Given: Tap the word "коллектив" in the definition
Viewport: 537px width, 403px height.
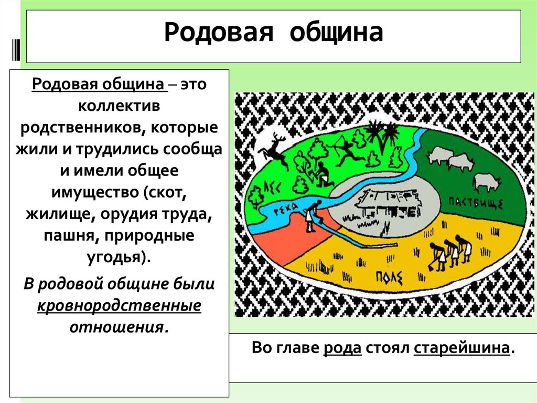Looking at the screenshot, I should point(119,106).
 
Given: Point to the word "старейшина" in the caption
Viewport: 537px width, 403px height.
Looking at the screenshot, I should point(461,348).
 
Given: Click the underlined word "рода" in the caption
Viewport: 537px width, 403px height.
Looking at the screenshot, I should point(343,348).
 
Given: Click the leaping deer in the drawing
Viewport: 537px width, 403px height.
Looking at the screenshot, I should point(273,147).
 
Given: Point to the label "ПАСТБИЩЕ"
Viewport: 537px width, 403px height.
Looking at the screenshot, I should point(476,203).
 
